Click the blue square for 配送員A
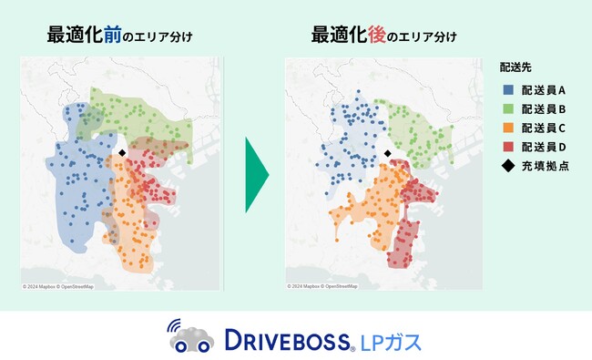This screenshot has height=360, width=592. pyautogui.click(x=507, y=90)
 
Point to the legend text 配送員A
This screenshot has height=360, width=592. pyautogui.click(x=545, y=90)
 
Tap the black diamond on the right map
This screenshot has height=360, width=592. pyautogui.click(x=387, y=154)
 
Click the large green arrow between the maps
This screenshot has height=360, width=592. pyautogui.click(x=258, y=175)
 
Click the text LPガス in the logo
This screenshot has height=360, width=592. pyautogui.click(x=392, y=341)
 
